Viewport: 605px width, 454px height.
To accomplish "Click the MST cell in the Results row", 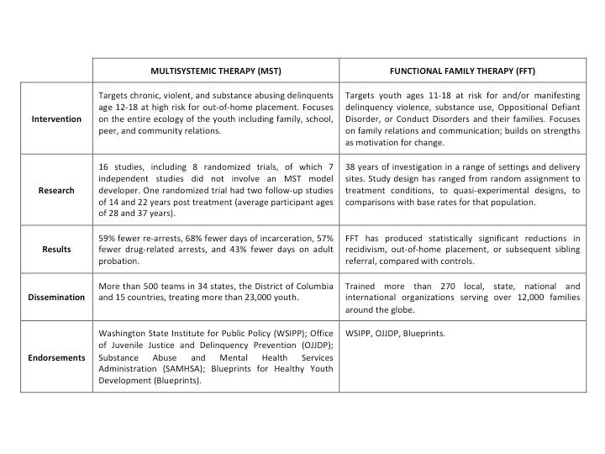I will click(216, 249).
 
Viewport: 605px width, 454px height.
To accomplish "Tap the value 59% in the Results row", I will click(108, 237).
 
